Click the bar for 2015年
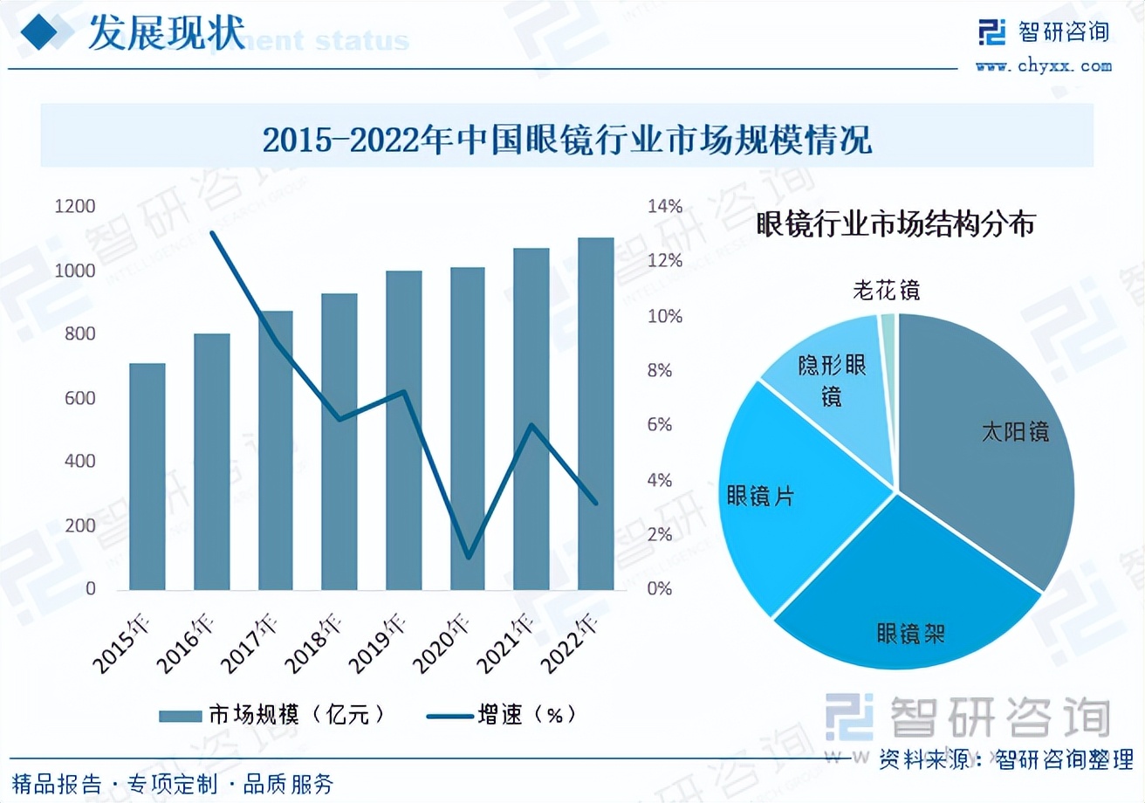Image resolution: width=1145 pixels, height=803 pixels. point(147,477)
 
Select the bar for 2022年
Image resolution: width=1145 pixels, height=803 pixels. point(596,414)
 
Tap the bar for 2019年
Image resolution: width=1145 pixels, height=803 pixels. point(403,430)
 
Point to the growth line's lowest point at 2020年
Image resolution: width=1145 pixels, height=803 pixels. point(469,557)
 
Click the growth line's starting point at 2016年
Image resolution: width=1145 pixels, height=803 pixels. point(212,233)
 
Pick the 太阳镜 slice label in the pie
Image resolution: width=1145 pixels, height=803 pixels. point(1014,432)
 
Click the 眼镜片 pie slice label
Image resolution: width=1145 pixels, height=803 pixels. point(760,496)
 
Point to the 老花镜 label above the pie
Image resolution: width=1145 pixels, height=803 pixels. point(886,290)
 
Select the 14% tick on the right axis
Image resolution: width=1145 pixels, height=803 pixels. point(664,207)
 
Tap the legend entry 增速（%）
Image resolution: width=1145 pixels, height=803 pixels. point(502,715)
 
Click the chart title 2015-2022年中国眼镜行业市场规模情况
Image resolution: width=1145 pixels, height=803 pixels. point(567,139)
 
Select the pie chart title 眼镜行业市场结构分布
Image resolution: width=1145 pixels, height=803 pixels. point(895,224)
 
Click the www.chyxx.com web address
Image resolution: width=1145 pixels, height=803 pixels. point(1043,65)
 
